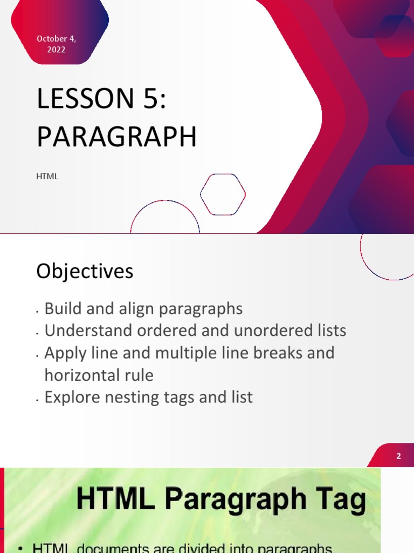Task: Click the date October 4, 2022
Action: coord(56,44)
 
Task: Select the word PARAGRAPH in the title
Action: coord(116,137)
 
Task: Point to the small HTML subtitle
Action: coord(47,177)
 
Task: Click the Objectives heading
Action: coord(85,271)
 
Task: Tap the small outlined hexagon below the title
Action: coord(223,194)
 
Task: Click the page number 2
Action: coord(398,456)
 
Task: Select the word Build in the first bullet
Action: coord(64,309)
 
